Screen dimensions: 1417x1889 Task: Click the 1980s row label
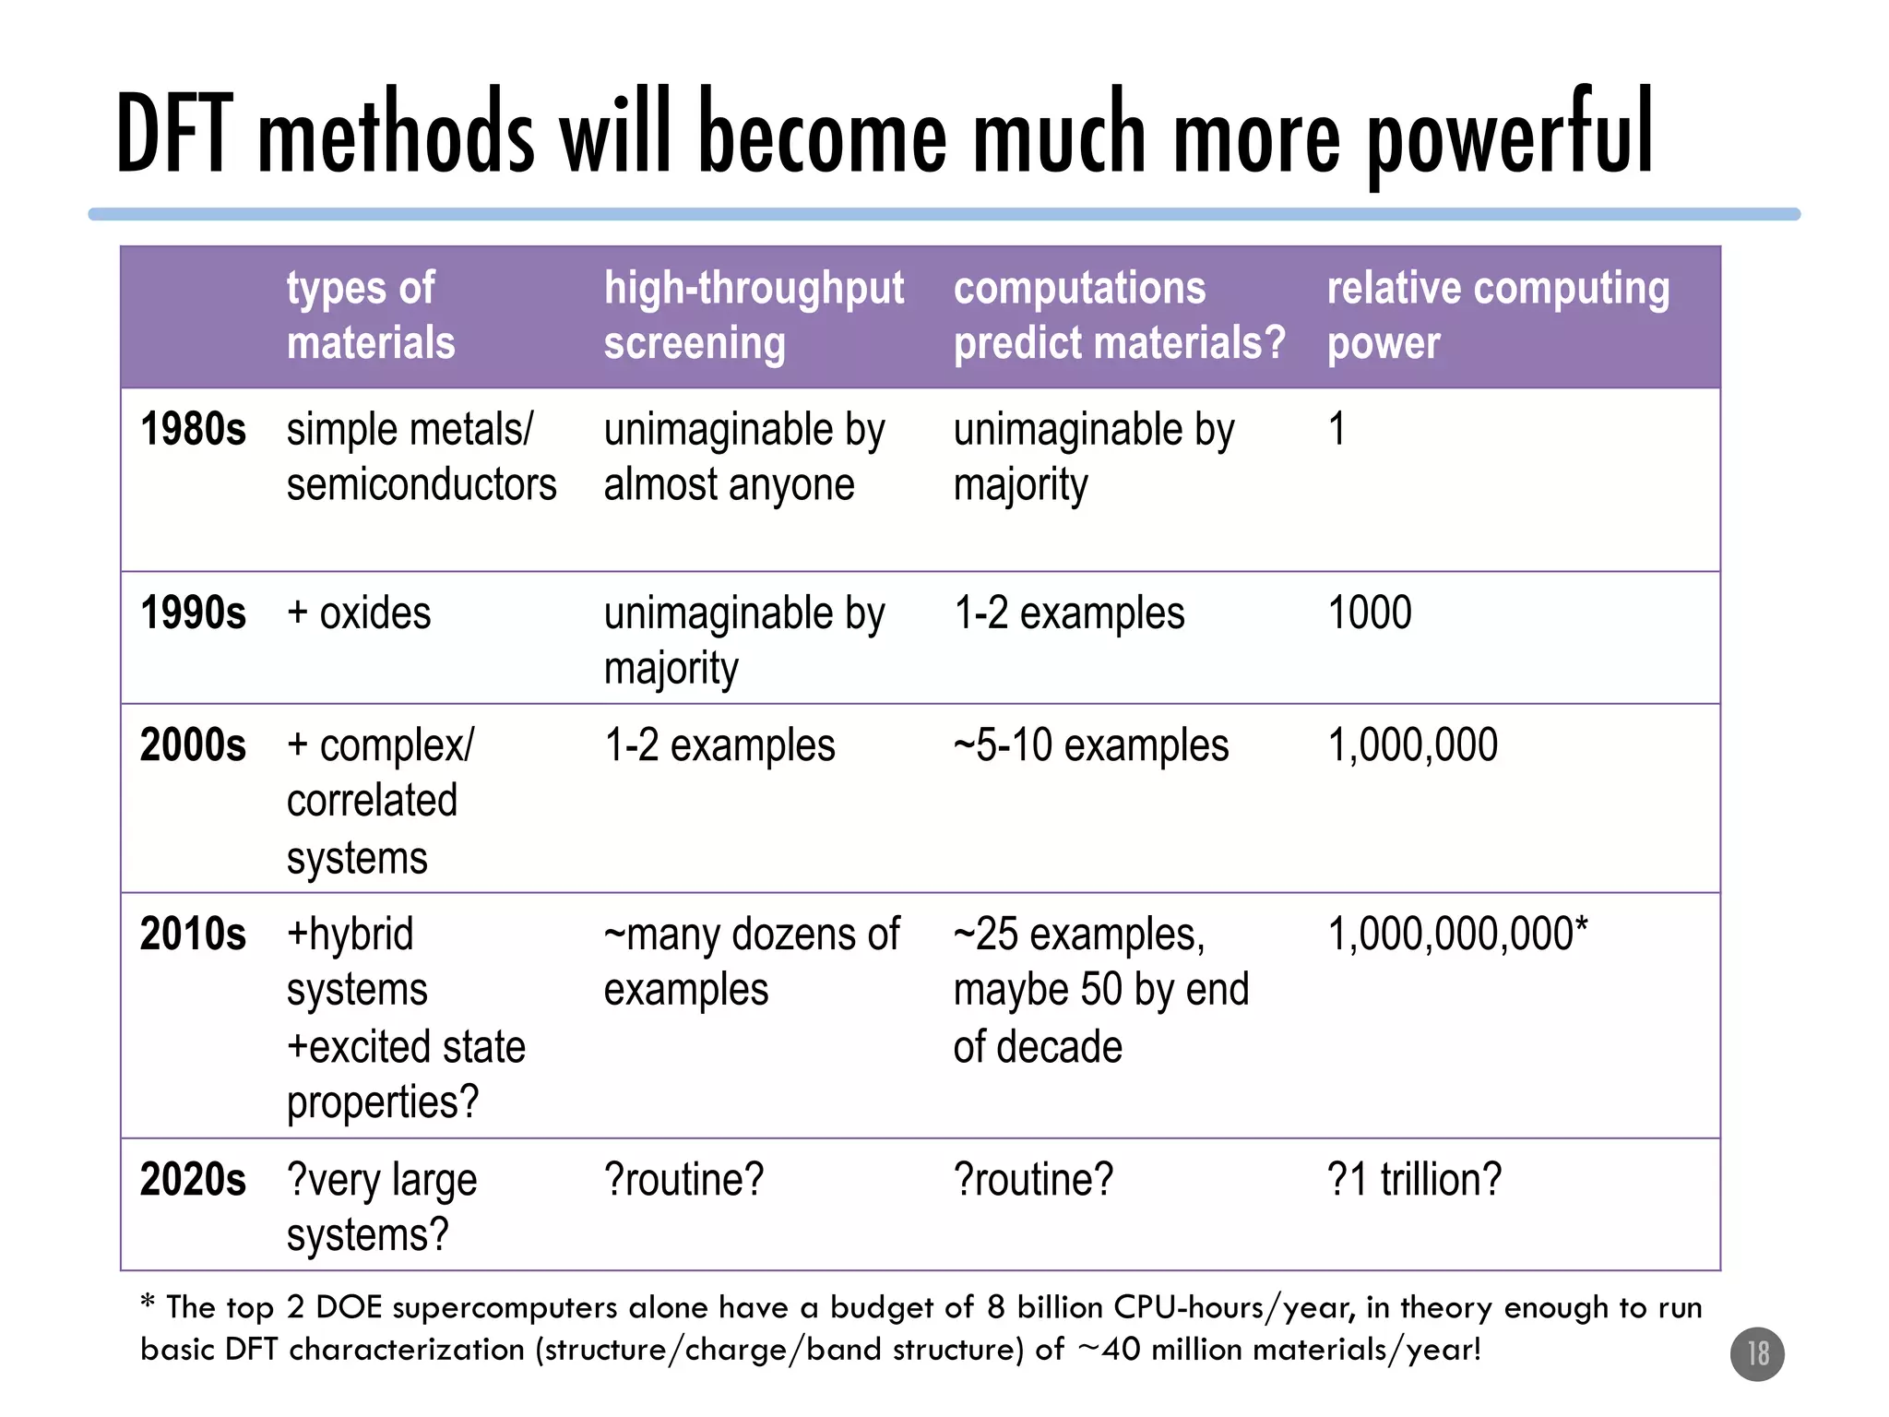coord(193,430)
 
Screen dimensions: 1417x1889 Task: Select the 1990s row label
coord(193,613)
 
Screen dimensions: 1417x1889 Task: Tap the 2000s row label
coord(193,745)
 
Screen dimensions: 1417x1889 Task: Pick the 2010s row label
coord(193,935)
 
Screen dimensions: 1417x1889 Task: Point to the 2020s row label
coord(193,1180)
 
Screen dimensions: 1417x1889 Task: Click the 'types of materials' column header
coord(371,316)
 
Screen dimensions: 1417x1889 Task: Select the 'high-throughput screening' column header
coord(754,316)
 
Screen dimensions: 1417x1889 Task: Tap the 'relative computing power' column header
coord(1497,316)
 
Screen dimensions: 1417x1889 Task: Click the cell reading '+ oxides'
coord(359,613)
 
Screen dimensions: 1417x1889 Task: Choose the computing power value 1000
coord(1369,613)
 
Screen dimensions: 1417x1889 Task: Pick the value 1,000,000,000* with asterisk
coord(1457,935)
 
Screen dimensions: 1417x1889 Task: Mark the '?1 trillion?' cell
coord(1414,1180)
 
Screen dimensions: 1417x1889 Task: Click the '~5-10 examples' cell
coord(1090,745)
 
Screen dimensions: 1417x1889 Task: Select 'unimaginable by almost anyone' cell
coord(743,458)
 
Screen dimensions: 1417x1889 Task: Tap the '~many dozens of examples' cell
coord(751,962)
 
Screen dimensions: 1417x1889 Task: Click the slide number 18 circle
coord(1757,1353)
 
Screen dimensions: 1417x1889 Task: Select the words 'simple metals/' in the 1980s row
coord(410,430)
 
